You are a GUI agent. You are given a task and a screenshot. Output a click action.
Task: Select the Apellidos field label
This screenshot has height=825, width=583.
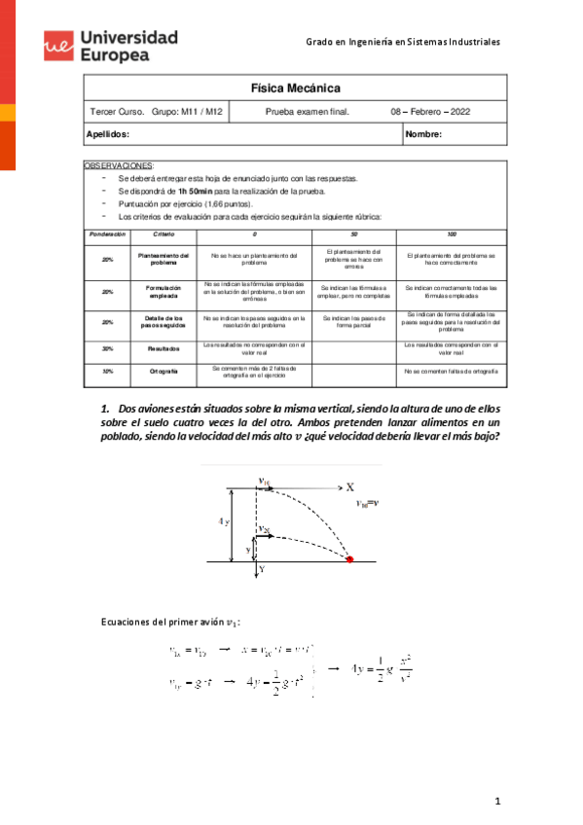(x=108, y=134)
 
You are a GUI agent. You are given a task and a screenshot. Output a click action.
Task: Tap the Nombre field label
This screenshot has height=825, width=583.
(x=424, y=134)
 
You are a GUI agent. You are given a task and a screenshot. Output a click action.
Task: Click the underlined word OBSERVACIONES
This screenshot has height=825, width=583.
(x=120, y=167)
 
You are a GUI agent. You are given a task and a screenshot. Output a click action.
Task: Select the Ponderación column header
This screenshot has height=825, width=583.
(x=107, y=235)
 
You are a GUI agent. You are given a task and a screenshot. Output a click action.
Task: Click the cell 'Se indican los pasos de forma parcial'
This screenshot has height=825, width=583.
(x=353, y=322)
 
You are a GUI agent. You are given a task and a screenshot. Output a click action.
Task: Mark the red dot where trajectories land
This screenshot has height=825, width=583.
(x=351, y=559)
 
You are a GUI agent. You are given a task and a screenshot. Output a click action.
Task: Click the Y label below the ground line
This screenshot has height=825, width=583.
(x=261, y=572)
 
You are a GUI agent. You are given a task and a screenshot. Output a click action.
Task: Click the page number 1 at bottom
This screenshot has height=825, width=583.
(x=496, y=801)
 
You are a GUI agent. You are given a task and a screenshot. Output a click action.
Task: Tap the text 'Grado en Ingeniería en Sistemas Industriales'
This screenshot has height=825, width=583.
(x=403, y=43)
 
